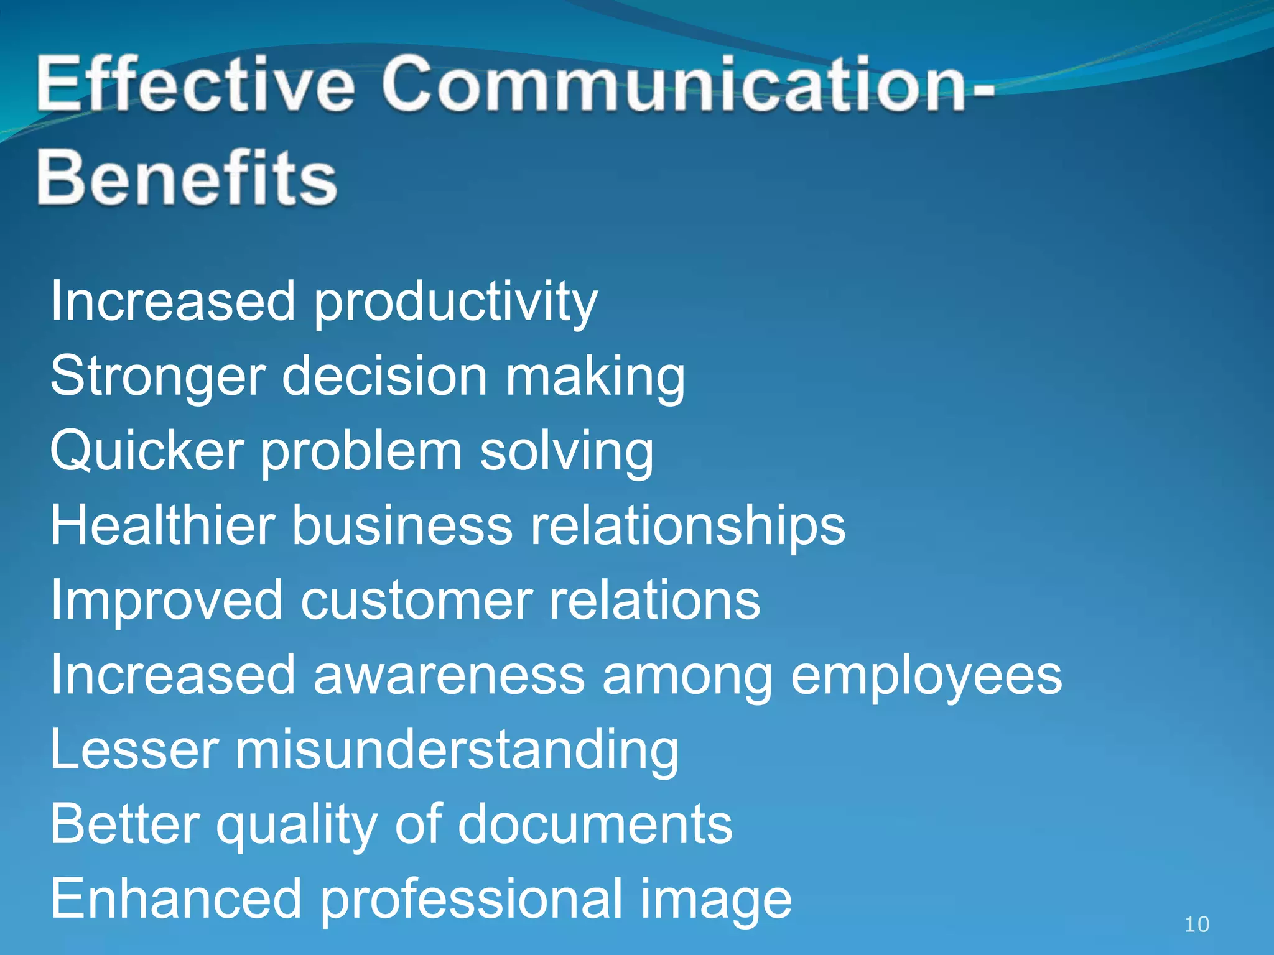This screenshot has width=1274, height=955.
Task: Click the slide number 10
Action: [1196, 925]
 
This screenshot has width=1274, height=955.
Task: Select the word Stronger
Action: [158, 377]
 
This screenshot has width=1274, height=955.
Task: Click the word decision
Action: [384, 377]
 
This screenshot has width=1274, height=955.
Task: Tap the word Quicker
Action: [147, 451]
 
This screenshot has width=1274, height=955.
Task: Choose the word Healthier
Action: [162, 525]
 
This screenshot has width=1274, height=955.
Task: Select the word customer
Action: [416, 601]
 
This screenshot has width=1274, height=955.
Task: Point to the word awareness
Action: [449, 675]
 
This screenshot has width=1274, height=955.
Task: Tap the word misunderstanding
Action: [457, 750]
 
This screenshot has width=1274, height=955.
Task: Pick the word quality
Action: [297, 826]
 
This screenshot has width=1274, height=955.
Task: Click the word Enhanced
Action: [176, 899]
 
